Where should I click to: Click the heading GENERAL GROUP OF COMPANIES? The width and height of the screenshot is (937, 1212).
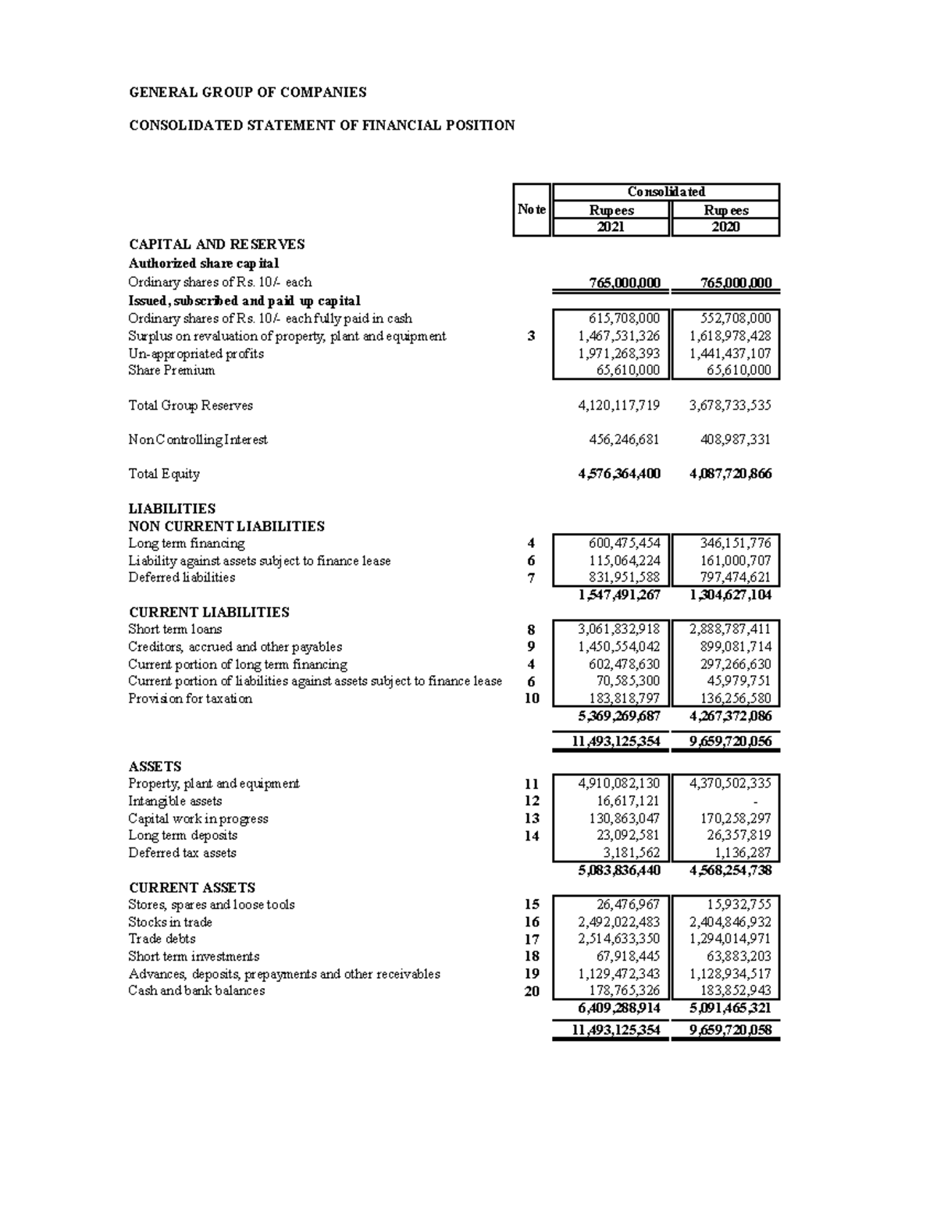(247, 92)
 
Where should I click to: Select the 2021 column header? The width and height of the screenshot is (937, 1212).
(610, 227)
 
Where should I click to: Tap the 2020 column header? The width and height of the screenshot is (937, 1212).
(725, 227)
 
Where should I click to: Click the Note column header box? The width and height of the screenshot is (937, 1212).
(532, 209)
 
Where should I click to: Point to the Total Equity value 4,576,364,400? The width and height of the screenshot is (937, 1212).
(618, 474)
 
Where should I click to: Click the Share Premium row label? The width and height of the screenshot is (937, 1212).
(171, 371)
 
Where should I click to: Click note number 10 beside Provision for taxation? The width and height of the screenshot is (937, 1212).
(532, 698)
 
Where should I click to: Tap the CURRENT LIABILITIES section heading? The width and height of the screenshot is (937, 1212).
(208, 612)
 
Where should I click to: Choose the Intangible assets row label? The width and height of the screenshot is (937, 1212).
(175, 801)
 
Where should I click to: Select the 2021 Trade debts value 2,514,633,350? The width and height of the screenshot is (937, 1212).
(618, 939)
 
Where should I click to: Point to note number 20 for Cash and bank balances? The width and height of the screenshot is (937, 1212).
(532, 991)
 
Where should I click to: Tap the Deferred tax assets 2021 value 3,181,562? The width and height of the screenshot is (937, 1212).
(630, 853)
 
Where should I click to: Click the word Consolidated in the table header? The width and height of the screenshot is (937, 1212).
(666, 192)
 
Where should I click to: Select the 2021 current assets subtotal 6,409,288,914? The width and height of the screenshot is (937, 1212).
(618, 1008)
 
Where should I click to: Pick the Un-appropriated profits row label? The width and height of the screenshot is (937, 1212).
(196, 354)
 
